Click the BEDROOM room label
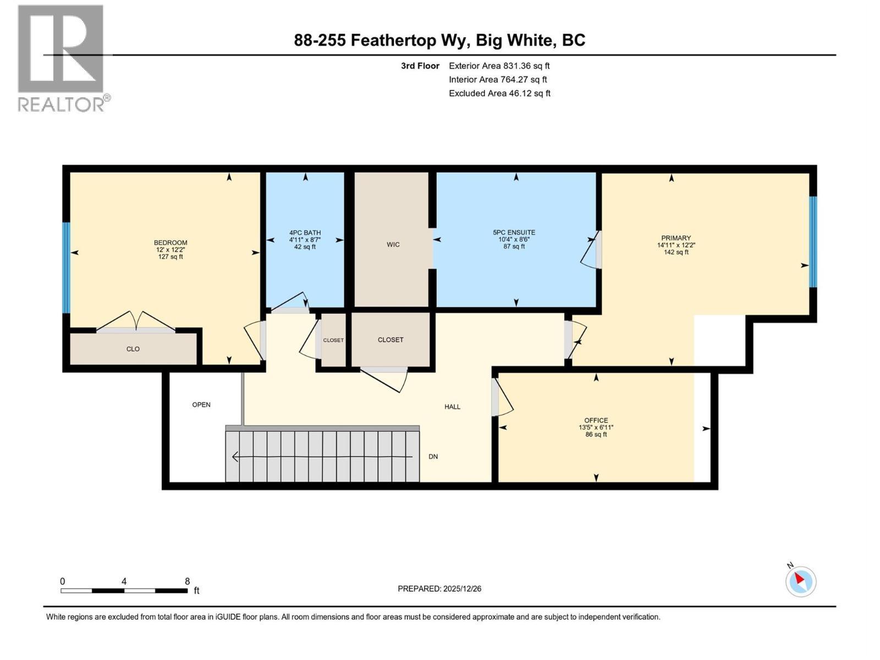tap(170, 243)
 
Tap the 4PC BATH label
tap(305, 233)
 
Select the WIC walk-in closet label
tap(393, 245)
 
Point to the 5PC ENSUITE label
tap(514, 233)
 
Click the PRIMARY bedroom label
tap(675, 238)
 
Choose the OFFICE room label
tap(596, 420)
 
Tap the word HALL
tap(452, 407)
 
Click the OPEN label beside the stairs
tap(201, 405)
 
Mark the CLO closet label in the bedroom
tap(133, 349)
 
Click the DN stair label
tap(433, 457)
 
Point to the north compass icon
tap(800, 581)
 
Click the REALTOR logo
tap(61, 58)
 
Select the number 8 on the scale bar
tap(187, 581)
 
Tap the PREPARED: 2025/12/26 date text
tap(439, 588)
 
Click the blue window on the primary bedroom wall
tap(812, 242)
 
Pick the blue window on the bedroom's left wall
tap(66, 267)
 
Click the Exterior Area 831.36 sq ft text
tap(499, 66)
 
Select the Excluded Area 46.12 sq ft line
tap(499, 94)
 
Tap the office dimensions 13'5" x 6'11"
tap(596, 427)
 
